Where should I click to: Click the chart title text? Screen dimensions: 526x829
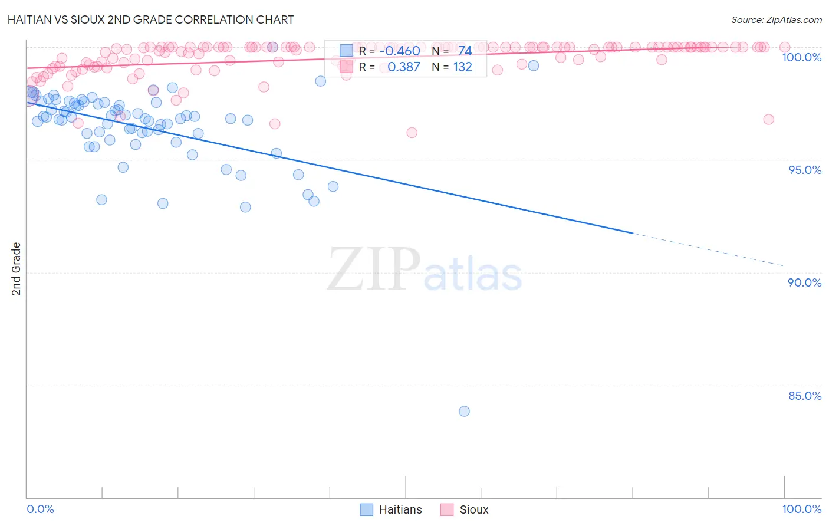pyautogui.click(x=150, y=19)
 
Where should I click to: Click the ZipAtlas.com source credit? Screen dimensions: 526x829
pyautogui.click(x=776, y=19)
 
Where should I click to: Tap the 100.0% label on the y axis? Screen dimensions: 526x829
pyautogui.click(x=801, y=57)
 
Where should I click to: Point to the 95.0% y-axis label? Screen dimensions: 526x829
pyautogui.click(x=805, y=170)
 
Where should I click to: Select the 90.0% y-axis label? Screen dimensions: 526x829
pyautogui.click(x=805, y=282)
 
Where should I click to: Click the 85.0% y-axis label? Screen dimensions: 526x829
pyautogui.click(x=805, y=396)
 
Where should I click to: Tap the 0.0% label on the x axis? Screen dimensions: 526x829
pyautogui.click(x=40, y=509)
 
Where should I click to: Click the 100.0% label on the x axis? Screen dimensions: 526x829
pyautogui.click(x=801, y=509)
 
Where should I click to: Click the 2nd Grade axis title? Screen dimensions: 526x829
pyautogui.click(x=17, y=269)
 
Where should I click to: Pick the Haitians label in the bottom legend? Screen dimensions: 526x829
pyautogui.click(x=400, y=509)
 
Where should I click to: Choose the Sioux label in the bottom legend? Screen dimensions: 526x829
pyautogui.click(x=473, y=509)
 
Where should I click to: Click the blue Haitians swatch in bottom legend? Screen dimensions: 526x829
pyautogui.click(x=367, y=509)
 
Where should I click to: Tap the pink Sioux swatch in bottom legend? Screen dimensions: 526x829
pyautogui.click(x=446, y=509)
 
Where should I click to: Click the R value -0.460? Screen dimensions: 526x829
pyautogui.click(x=400, y=51)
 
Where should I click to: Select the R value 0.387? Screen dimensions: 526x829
pyautogui.click(x=403, y=67)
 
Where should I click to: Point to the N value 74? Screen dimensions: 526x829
pyautogui.click(x=465, y=51)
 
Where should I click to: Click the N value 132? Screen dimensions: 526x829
pyautogui.click(x=462, y=67)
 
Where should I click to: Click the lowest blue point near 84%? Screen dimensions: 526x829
pyautogui.click(x=464, y=411)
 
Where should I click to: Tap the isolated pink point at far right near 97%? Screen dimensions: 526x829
pyautogui.click(x=768, y=119)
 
